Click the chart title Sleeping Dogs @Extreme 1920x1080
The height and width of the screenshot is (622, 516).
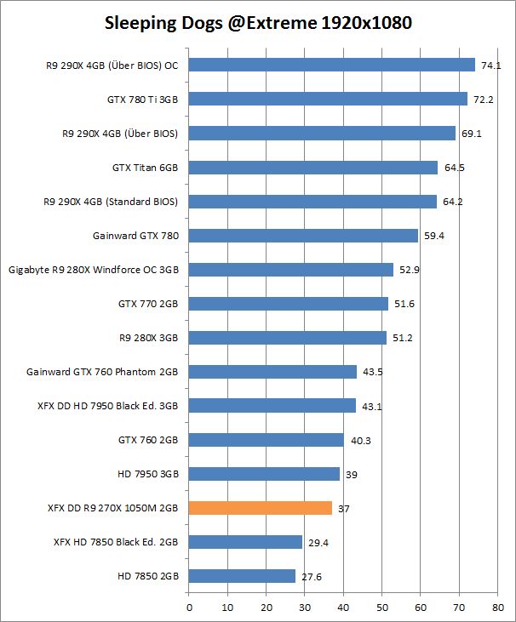tap(258, 24)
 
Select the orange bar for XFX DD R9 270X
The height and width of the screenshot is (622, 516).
tap(260, 508)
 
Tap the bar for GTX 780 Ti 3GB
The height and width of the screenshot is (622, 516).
tap(328, 99)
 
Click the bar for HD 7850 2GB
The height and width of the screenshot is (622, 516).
tap(242, 576)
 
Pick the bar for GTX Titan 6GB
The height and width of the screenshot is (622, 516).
tap(312, 168)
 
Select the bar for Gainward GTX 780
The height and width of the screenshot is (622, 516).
tap(303, 236)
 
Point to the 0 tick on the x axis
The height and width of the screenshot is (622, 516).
tap(189, 608)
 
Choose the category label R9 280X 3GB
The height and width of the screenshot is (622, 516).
tap(149, 338)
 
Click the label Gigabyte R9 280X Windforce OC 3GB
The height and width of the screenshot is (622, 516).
tap(94, 270)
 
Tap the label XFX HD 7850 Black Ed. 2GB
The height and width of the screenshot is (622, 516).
tap(116, 542)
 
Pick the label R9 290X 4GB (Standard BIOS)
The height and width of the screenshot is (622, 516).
tap(111, 202)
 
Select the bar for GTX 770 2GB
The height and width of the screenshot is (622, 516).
tap(288, 304)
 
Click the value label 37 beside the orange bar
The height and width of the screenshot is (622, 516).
tap(343, 508)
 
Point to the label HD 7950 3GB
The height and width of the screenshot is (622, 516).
tap(148, 474)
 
